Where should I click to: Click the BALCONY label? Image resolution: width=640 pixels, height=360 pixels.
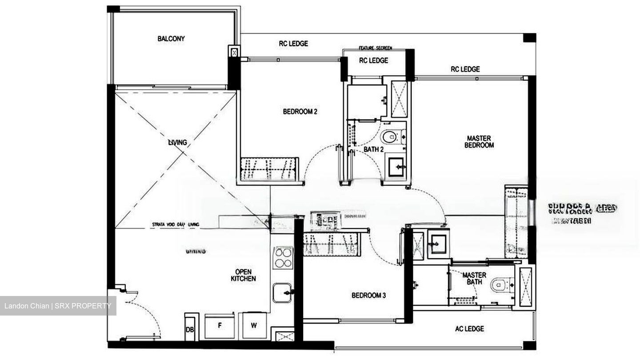[x=171, y=39]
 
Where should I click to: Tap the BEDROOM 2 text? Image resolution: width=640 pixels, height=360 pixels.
[x=300, y=112]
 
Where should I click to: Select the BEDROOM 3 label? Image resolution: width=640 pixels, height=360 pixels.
[x=368, y=295]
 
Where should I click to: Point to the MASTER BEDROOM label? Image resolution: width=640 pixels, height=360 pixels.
[x=479, y=142]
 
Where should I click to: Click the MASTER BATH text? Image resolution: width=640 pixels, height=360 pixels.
[x=474, y=278]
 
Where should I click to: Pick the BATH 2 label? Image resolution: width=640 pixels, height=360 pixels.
[x=373, y=149]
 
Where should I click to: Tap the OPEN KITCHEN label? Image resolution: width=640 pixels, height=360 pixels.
[x=243, y=275]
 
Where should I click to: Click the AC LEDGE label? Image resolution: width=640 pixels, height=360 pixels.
[x=469, y=329]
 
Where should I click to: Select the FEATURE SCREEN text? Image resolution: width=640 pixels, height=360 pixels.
[x=376, y=48]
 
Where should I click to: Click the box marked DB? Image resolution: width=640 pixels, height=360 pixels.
[x=189, y=330]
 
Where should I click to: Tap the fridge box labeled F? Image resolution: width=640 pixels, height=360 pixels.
[x=220, y=325]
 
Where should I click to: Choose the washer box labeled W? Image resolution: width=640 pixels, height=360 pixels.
[x=254, y=325]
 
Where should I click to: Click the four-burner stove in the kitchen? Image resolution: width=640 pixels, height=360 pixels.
[x=282, y=257]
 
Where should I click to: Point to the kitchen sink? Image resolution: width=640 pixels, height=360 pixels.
[x=282, y=292]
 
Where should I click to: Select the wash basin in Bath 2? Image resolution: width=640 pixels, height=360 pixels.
[x=395, y=168]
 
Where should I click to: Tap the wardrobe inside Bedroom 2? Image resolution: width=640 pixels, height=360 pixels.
[x=269, y=169]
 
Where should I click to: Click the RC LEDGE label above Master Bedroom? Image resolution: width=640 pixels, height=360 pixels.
[x=465, y=69]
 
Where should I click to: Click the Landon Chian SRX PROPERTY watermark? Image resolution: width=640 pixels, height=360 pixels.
[x=58, y=306]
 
